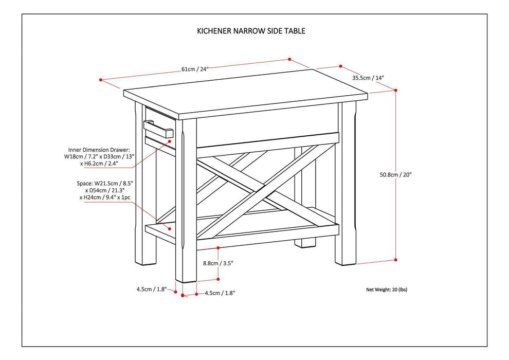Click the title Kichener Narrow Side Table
pos(251,31)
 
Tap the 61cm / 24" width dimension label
pos(195,69)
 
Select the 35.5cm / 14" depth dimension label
pos(368,78)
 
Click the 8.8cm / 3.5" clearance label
pos(219,263)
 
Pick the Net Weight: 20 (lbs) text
pos(386,290)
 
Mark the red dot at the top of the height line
pos(396,90)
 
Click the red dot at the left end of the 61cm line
pos(101,80)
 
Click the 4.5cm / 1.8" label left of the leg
pos(151,289)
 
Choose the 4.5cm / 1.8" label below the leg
pos(220,293)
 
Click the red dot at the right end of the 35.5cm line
pos(340,66)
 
